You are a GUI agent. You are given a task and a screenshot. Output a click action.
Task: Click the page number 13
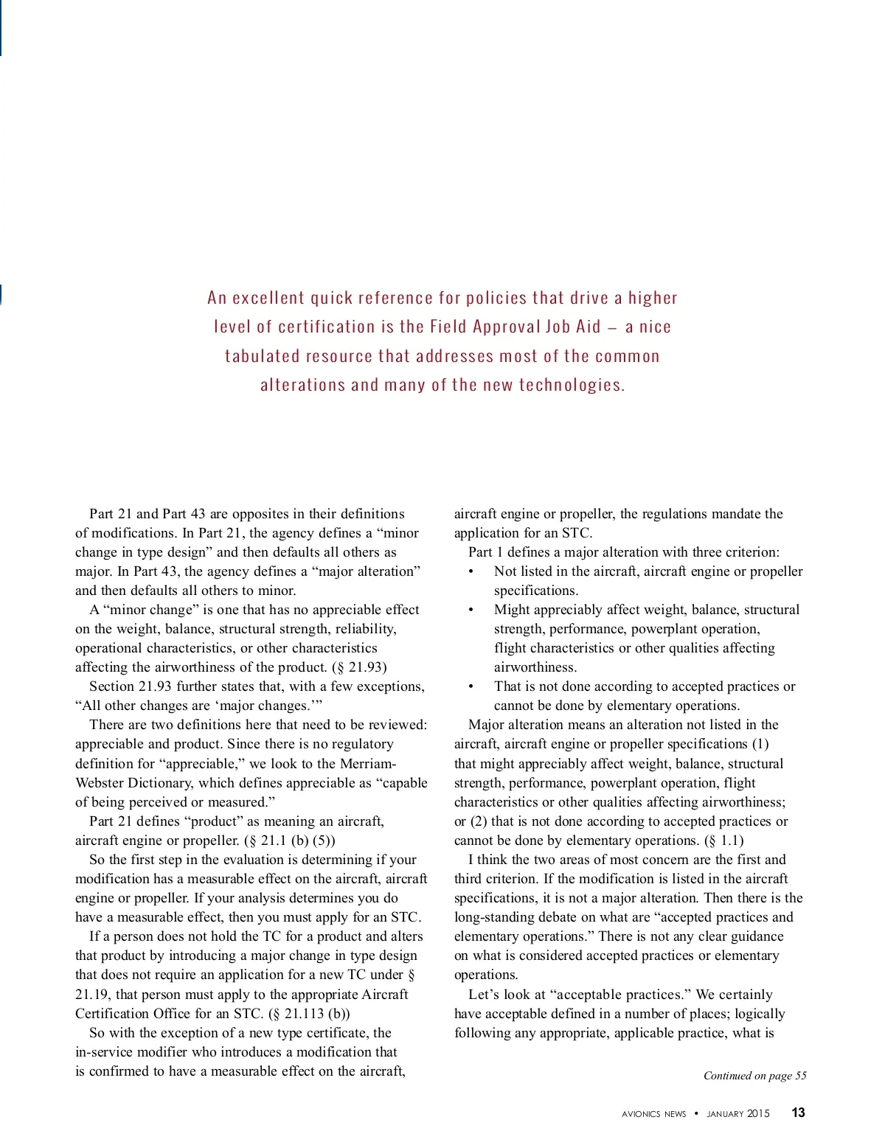(x=798, y=1113)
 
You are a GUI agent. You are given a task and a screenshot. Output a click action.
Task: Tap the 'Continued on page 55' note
(x=754, y=1076)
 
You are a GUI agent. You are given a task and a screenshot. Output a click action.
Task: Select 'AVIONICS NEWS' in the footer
(x=653, y=1114)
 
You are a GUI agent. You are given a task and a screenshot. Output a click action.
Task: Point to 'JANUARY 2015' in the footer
(x=737, y=1114)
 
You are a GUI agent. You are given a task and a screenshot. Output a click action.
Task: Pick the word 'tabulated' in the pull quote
(x=262, y=356)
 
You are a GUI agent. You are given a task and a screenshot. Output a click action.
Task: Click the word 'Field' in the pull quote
(x=448, y=327)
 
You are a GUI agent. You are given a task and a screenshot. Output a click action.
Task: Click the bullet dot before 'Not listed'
(x=471, y=572)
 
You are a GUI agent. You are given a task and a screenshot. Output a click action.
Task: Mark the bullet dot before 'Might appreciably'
(x=471, y=610)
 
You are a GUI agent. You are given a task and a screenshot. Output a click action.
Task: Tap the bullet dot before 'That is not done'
(x=471, y=687)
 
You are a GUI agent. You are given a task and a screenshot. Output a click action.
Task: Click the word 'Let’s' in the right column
(x=484, y=995)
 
